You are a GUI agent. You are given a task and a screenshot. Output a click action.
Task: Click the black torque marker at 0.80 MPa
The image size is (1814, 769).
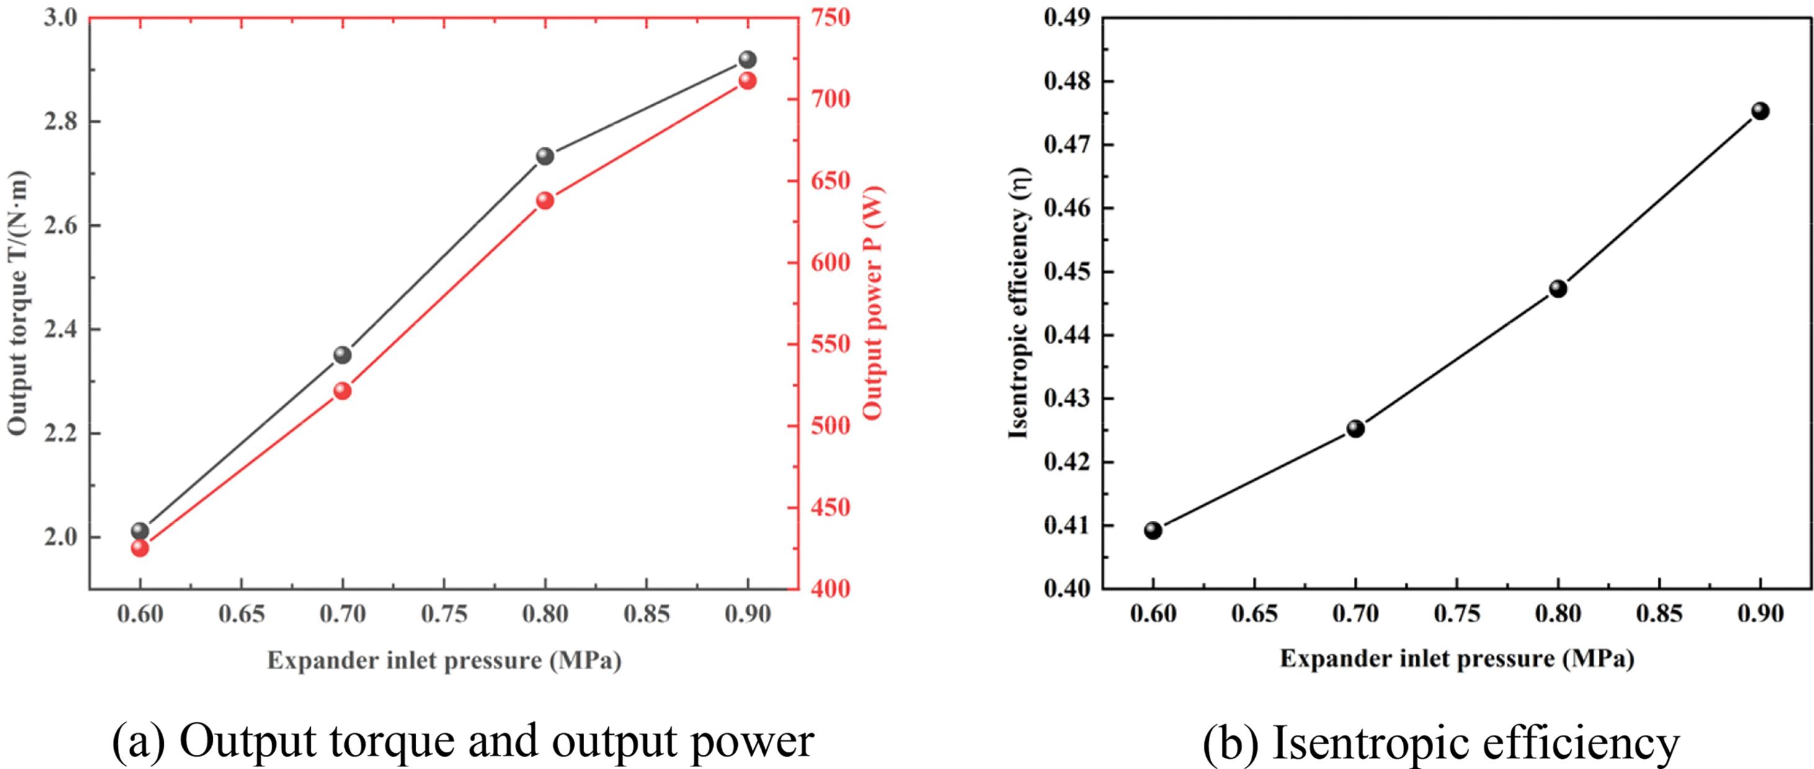coord(545,156)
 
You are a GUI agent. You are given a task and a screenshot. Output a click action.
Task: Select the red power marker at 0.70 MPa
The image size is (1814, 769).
coord(342,391)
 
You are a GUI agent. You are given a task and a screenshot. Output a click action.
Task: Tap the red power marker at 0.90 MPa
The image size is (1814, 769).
coord(747,81)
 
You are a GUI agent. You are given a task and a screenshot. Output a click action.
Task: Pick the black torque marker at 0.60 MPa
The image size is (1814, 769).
coord(140,530)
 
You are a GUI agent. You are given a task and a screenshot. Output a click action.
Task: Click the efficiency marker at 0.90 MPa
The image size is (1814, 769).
coord(1761,110)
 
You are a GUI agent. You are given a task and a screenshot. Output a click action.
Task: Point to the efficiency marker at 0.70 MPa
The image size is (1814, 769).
coord(1356,428)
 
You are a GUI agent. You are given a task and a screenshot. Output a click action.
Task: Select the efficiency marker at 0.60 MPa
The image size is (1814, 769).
coord(1153,530)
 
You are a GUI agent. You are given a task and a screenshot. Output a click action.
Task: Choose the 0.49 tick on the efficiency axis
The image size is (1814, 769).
coord(1067,17)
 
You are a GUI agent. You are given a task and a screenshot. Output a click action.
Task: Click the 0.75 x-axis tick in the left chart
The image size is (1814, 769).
coord(443,614)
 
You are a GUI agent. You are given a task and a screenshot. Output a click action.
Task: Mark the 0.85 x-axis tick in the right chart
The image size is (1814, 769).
coord(1659,614)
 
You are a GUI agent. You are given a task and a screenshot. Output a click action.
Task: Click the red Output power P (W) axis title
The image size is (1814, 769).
coord(873,303)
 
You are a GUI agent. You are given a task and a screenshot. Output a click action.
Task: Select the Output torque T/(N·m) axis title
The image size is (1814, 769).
coord(17,303)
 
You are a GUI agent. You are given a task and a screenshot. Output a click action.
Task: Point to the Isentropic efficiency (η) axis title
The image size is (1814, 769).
coord(1019,303)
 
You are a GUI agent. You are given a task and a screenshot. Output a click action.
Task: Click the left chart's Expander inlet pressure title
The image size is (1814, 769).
coord(443,660)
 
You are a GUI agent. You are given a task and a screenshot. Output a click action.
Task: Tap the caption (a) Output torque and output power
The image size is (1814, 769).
coord(463,741)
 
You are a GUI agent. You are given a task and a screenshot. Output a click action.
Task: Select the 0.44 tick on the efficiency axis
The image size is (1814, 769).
coord(1067,336)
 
